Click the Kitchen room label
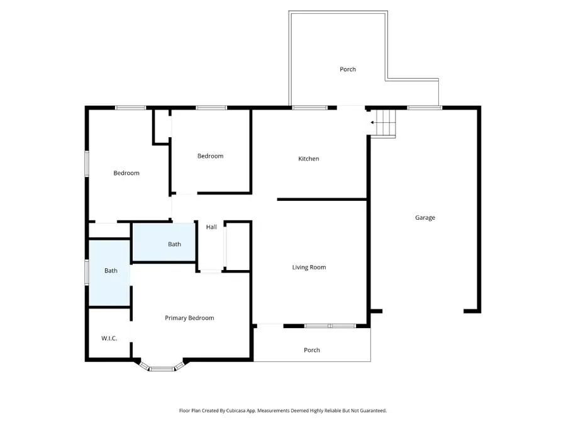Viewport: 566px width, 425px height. click(308, 159)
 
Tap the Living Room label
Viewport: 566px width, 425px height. click(309, 268)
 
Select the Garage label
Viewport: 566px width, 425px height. click(425, 218)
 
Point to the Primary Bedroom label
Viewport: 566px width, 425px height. click(189, 318)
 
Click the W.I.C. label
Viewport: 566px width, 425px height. click(109, 339)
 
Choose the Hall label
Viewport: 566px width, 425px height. click(211, 227)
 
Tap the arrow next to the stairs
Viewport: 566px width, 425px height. click(373, 122)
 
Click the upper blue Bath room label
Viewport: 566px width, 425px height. click(174, 244)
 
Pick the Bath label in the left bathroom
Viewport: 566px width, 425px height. click(111, 271)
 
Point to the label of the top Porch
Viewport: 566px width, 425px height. click(348, 69)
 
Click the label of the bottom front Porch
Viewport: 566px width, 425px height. click(312, 350)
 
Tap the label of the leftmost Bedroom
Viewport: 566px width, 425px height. click(126, 173)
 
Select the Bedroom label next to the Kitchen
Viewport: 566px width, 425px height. click(210, 156)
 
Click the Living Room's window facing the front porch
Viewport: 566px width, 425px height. click(330, 326)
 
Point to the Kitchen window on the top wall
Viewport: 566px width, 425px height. click(309, 108)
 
